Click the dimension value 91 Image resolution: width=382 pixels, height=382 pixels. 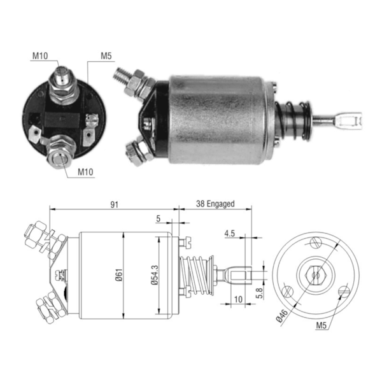click(115, 204)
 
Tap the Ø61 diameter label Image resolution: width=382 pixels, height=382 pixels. click(119, 276)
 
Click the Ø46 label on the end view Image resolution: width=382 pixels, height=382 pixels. click(283, 315)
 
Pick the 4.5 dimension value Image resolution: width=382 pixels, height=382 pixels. click(230, 234)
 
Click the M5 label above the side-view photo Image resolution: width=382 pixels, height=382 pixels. click(106, 55)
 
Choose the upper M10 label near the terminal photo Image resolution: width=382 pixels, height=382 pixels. click(40, 55)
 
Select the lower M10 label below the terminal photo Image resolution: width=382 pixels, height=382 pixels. click(86, 171)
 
